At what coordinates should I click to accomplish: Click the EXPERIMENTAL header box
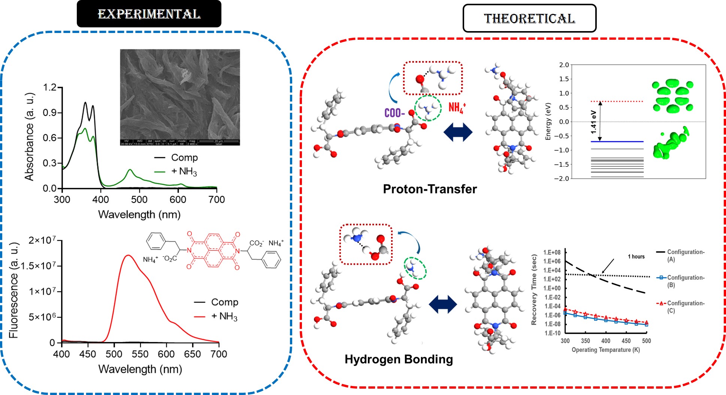(x=149, y=14)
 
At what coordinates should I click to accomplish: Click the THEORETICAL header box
(x=529, y=18)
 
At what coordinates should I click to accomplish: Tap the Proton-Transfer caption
(x=430, y=189)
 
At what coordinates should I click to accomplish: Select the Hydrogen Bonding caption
(x=399, y=359)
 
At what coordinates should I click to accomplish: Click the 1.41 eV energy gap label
(x=593, y=122)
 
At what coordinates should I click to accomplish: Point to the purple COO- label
(x=394, y=113)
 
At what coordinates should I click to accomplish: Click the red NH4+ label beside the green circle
(x=457, y=108)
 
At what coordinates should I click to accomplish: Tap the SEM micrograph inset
(x=180, y=97)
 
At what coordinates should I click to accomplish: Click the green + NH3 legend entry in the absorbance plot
(x=184, y=171)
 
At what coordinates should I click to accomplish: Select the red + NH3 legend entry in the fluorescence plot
(x=224, y=316)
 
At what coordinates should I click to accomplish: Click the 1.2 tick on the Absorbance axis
(x=50, y=88)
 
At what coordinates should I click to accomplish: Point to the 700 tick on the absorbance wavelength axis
(x=217, y=199)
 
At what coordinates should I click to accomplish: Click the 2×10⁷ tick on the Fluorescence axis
(x=42, y=240)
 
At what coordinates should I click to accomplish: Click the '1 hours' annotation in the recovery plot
(x=636, y=257)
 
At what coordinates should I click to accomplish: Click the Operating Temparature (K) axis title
(x=605, y=350)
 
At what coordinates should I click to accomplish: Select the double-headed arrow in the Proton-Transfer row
(x=458, y=132)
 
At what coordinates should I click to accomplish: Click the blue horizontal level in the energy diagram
(x=617, y=142)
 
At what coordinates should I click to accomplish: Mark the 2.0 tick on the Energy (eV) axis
(x=564, y=65)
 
